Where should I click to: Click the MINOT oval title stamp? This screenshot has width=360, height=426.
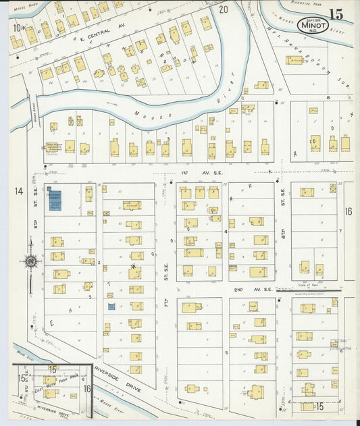pyautogui.click(x=313, y=26)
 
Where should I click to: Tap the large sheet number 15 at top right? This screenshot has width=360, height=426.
pyautogui.click(x=336, y=14)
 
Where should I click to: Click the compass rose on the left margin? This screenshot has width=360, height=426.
pyautogui.click(x=30, y=261)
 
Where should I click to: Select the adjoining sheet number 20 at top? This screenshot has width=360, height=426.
pyautogui.click(x=224, y=9)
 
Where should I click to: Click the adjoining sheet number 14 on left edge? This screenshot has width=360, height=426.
pyautogui.click(x=18, y=191)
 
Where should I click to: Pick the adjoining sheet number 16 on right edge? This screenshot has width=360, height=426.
pyautogui.click(x=349, y=211)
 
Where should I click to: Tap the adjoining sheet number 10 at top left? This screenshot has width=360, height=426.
pyautogui.click(x=17, y=28)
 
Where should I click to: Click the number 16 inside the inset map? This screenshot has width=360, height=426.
pyautogui.click(x=87, y=388)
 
